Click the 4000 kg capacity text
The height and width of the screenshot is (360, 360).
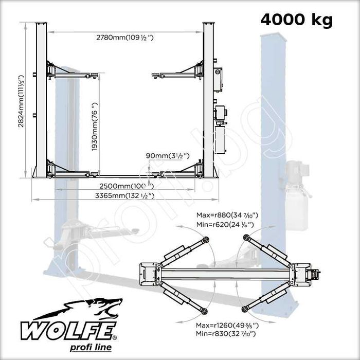[296, 20]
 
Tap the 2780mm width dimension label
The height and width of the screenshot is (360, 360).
[125, 37]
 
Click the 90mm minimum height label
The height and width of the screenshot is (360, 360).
[168, 155]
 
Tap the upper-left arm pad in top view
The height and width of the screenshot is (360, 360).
[206, 239]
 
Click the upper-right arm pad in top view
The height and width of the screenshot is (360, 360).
[246, 237]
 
